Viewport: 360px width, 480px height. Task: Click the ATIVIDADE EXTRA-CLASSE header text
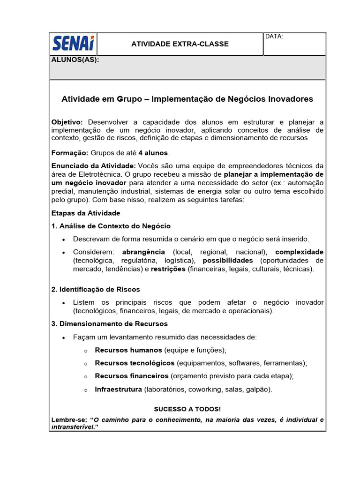tap(180, 44)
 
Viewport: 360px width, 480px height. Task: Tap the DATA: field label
tap(274, 37)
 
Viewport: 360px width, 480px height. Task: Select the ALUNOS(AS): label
tap(75, 60)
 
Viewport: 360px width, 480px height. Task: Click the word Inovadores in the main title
tap(290, 99)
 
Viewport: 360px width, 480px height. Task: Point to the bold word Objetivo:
tap(67, 122)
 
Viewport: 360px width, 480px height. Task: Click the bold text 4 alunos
tap(153, 153)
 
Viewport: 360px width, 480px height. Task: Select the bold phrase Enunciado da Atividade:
tap(94, 165)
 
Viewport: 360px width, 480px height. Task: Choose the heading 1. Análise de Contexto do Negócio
tap(111, 226)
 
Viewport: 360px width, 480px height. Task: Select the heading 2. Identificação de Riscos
tap(96, 289)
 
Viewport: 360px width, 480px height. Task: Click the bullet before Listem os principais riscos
tap(64, 303)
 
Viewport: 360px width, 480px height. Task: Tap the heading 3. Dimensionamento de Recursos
tap(109, 324)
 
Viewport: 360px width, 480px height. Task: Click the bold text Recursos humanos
tap(128, 350)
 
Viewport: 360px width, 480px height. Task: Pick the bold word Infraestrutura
tap(118, 390)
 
